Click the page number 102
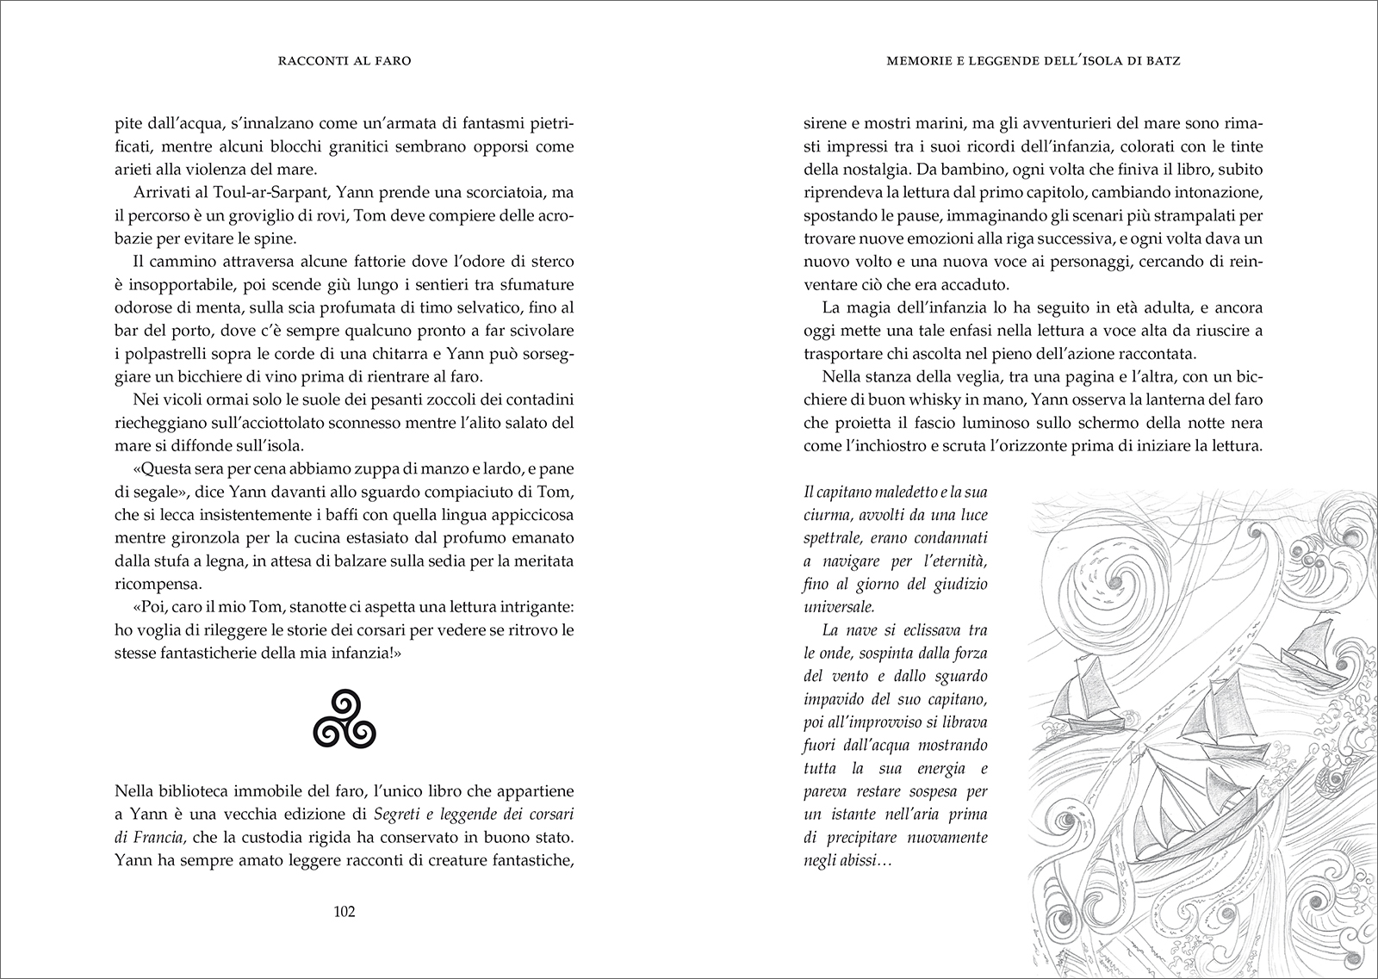pyautogui.click(x=344, y=913)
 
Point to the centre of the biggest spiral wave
pyautogui.click(x=1111, y=582)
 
